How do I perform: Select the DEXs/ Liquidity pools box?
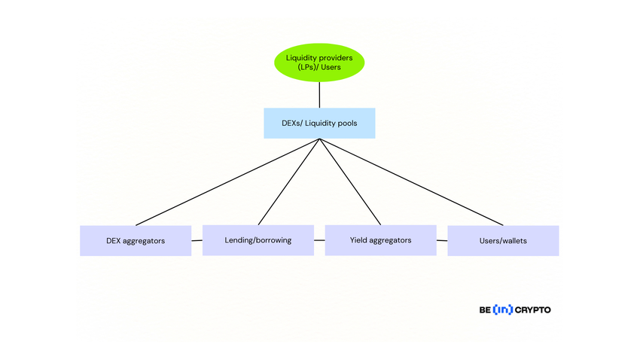tap(319, 123)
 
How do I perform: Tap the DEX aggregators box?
tap(136, 241)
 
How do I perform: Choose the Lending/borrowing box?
tap(258, 240)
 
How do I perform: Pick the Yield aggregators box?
tap(380, 240)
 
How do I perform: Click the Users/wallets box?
tap(503, 241)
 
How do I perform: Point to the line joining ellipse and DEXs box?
tap(319, 95)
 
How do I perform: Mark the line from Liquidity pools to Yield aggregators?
tap(350, 182)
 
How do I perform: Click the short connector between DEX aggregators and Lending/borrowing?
tap(197, 240)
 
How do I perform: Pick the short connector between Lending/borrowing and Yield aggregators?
tap(319, 240)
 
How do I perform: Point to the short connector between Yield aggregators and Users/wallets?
tap(442, 240)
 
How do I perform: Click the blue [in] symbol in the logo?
tap(503, 310)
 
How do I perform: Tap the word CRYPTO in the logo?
tap(533, 310)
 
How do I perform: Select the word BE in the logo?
tap(485, 310)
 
